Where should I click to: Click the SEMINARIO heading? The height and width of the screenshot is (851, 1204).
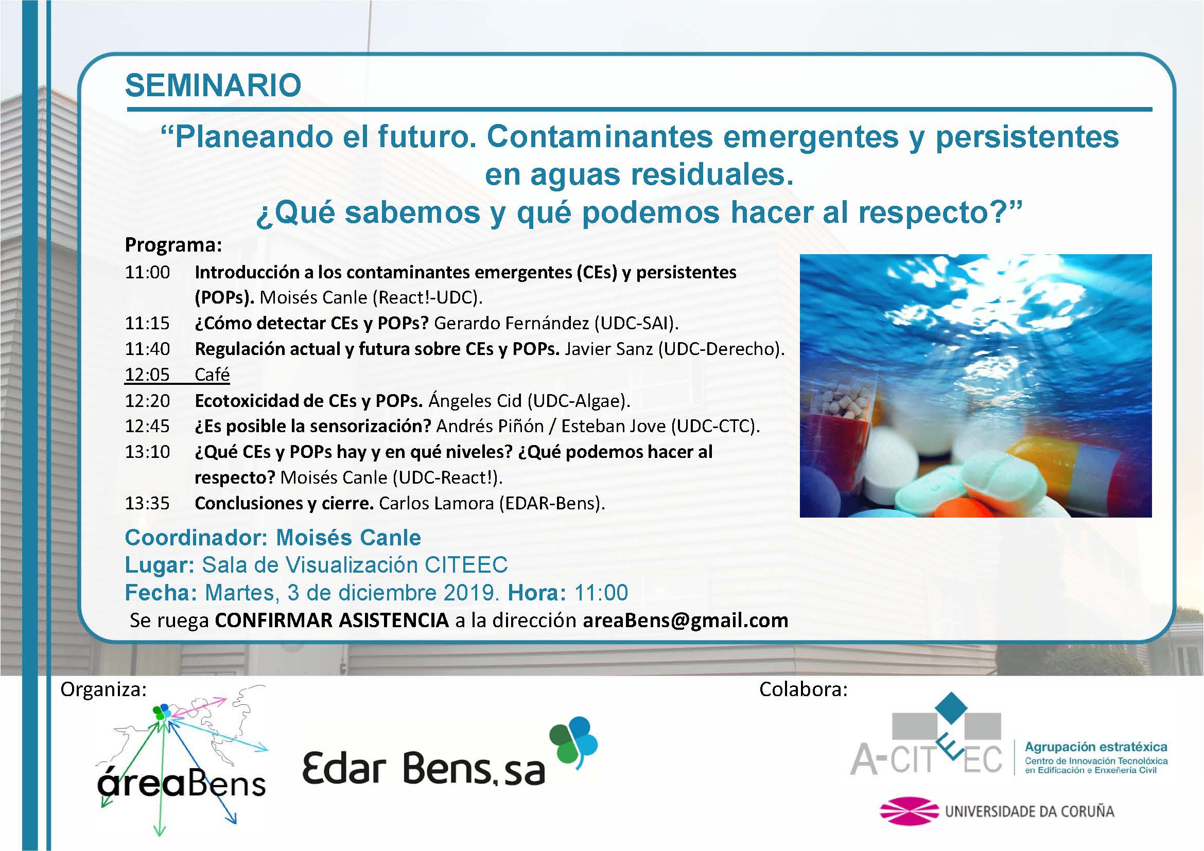point(213,85)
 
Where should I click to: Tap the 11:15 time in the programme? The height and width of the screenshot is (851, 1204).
point(147,323)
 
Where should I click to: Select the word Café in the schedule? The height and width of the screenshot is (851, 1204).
point(212,374)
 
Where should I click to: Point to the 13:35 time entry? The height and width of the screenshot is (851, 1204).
point(147,503)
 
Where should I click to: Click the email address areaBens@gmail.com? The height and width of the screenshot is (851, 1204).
point(685,620)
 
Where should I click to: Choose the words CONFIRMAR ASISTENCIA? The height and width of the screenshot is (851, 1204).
point(332,620)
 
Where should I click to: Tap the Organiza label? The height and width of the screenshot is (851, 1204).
point(103,689)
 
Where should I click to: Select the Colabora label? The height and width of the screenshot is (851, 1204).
point(804,689)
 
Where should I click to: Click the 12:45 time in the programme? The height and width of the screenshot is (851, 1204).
point(147,426)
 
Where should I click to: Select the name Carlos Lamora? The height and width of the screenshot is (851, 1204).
point(437,503)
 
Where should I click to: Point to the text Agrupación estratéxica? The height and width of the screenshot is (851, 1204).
point(1096,747)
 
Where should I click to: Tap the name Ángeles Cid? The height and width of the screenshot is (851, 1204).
point(475,400)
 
